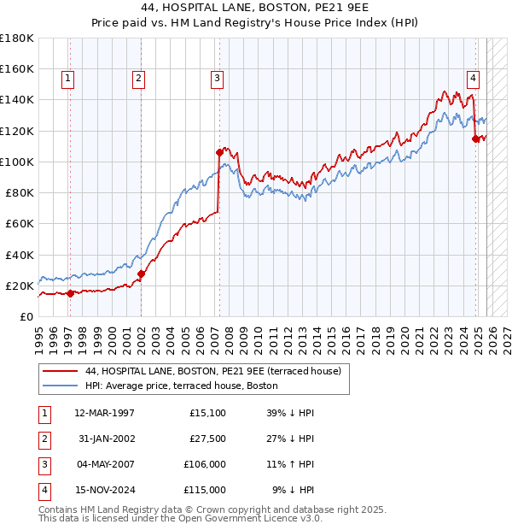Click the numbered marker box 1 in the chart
coord(67,79)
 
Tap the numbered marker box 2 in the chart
coord(138,79)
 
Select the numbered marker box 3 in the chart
coord(217,79)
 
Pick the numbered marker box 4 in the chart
coord(472,79)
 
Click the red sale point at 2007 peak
coord(219,152)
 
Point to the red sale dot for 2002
coord(141,274)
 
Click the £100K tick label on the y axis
coord(16,162)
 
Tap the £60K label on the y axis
coord(19,223)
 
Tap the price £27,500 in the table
coord(207,439)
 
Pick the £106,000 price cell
coord(205,464)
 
